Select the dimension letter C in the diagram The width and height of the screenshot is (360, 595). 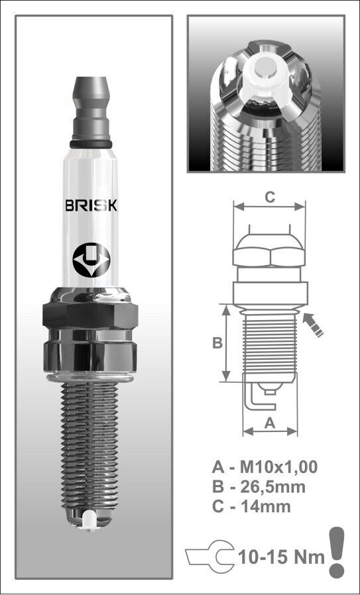point(270,196)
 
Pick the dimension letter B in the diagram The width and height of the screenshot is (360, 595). point(216,343)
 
